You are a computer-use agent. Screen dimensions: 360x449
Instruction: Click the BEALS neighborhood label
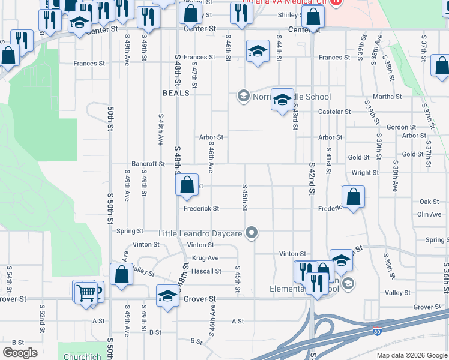tap(176, 93)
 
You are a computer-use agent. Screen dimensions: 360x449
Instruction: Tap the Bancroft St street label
tap(148, 164)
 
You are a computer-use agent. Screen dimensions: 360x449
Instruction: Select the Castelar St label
tap(334, 112)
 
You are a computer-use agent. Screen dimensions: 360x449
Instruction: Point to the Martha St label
tap(387, 97)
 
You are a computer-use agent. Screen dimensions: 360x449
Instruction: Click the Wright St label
tap(365, 172)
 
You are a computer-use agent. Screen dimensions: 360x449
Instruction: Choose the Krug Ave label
tap(205, 258)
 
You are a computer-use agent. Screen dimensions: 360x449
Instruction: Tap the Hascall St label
tap(206, 271)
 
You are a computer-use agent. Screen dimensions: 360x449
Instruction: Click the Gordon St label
tap(402, 127)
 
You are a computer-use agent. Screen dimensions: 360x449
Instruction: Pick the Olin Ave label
tap(429, 214)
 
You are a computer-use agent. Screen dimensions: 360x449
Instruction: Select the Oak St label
tap(430, 202)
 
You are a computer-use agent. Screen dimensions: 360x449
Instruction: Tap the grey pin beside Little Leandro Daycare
tap(253, 232)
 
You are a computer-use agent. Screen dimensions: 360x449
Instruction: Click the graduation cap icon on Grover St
tap(167, 296)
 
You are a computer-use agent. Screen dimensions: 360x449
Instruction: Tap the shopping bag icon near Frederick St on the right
tap(353, 196)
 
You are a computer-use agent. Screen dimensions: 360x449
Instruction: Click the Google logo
tap(20, 353)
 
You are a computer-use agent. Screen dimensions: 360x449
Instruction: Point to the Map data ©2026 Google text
tap(411, 355)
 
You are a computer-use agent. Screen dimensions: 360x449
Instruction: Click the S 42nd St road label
tap(312, 178)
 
